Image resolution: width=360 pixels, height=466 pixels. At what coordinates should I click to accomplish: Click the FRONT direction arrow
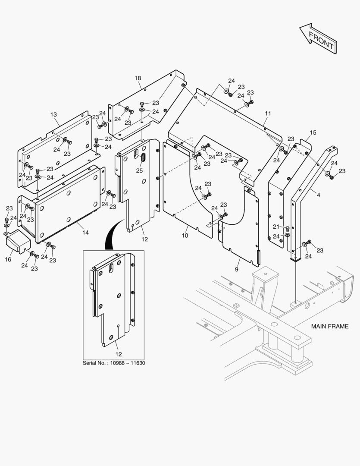pyautogui.click(x=318, y=39)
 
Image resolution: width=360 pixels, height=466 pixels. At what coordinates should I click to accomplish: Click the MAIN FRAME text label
pyautogui.click(x=330, y=327)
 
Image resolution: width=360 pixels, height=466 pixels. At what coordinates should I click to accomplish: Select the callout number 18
pyautogui.click(x=138, y=78)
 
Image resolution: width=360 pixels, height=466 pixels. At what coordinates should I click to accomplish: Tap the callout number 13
pyautogui.click(x=53, y=115)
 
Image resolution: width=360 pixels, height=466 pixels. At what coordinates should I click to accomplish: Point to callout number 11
pyautogui.click(x=268, y=113)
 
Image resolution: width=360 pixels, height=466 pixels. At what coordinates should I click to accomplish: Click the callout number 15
pyautogui.click(x=313, y=132)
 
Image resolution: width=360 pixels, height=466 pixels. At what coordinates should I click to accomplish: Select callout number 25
pyautogui.click(x=139, y=170)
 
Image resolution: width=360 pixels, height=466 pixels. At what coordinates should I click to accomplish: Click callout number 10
pyautogui.click(x=185, y=236)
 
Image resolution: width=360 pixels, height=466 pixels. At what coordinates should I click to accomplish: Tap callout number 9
pyautogui.click(x=237, y=270)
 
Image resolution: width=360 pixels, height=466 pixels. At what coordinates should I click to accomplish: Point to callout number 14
pyautogui.click(x=85, y=233)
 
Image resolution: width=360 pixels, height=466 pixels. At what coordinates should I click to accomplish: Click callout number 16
pyautogui.click(x=8, y=259)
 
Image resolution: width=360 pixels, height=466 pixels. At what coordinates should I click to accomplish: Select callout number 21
pyautogui.click(x=276, y=227)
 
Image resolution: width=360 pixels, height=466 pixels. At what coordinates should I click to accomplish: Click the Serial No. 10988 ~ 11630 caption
pyautogui.click(x=114, y=363)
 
